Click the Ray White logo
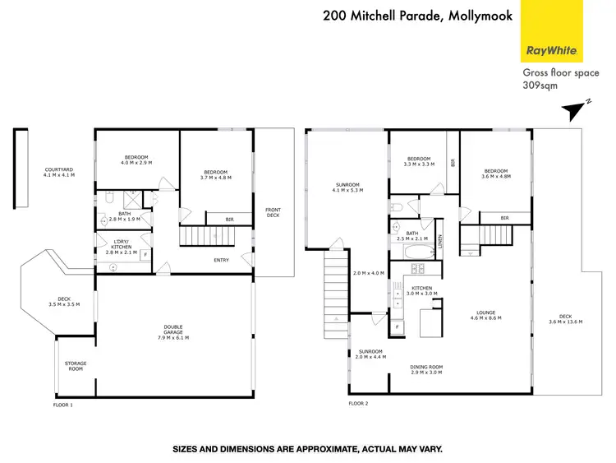pos(553,49)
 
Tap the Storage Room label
pos(76,366)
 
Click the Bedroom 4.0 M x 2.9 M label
pos(136,160)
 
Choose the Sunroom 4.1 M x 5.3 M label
pos(348,187)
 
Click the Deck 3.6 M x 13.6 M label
pos(565,319)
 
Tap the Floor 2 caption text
pos(358,404)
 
